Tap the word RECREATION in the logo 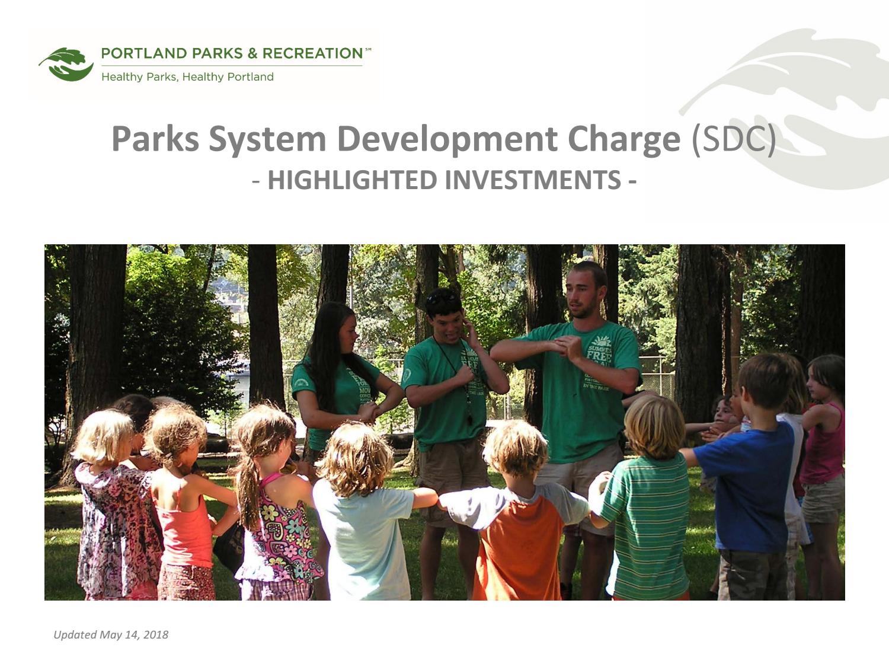pos(312,53)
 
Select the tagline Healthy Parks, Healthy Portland pos(187,77)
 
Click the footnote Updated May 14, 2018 pos(111,635)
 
